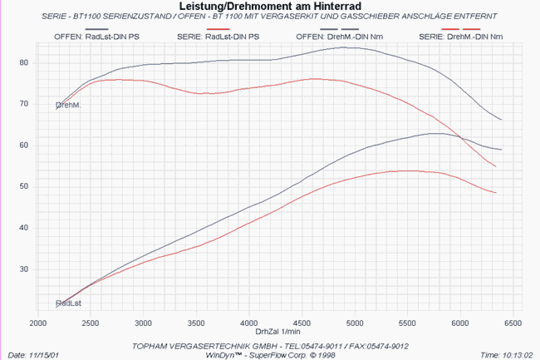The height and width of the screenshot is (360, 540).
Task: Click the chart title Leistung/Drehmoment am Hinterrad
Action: coord(270,6)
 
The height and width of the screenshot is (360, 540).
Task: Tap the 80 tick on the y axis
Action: coord(24,63)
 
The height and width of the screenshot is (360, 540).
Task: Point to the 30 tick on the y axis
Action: coord(24,269)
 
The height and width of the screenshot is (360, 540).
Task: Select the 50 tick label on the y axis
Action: coord(24,187)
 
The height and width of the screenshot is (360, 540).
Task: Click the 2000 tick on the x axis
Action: coord(38,323)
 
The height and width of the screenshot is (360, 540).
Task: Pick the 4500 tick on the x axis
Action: coord(302,323)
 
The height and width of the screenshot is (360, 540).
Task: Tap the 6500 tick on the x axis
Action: coord(513,323)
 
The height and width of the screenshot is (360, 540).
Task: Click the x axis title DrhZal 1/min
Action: coord(277,332)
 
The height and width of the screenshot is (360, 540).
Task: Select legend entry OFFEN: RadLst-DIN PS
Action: coord(96,37)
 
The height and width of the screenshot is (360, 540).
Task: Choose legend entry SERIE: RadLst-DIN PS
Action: coord(218,37)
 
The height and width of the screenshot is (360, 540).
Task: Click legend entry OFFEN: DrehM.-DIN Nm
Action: coord(340,37)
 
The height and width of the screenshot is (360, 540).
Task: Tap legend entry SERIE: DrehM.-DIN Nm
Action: coord(461,37)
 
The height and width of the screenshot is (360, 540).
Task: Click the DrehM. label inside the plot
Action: coord(68,105)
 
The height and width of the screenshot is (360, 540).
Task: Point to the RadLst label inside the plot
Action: coord(68,303)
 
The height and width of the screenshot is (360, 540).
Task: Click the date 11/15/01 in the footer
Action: coord(43,355)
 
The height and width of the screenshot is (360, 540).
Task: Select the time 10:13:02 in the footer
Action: coord(518,355)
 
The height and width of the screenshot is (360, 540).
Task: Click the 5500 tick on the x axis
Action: coord(407,323)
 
